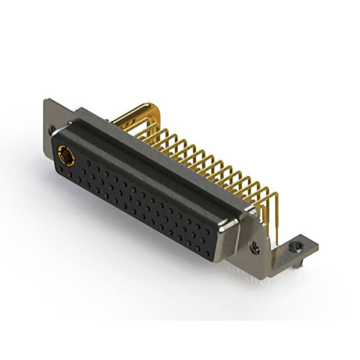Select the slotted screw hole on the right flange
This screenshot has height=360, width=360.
255,246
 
